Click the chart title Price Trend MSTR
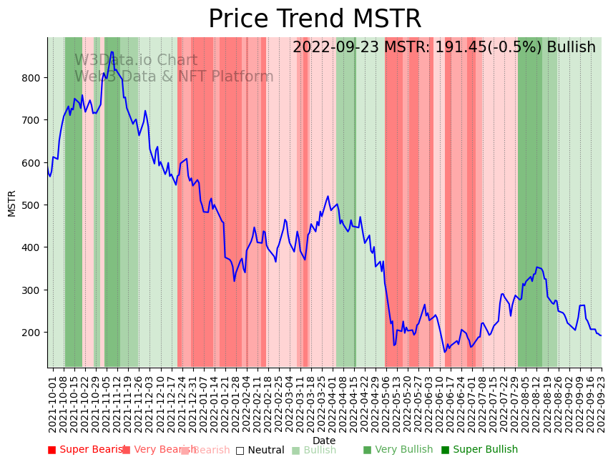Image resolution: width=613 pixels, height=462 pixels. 315,19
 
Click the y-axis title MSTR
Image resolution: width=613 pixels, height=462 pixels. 12,203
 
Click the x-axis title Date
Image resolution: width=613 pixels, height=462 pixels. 324,441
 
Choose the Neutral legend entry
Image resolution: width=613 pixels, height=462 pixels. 260,450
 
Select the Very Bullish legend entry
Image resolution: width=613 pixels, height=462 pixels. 398,450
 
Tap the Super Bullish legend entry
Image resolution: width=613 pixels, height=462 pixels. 479,450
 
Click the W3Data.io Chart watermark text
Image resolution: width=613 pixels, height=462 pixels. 136,61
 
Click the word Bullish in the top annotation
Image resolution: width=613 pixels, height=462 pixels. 571,48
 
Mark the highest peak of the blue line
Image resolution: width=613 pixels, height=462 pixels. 112,51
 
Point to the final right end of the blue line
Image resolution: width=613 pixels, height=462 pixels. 601,335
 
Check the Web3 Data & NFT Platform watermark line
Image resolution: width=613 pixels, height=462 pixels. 174,77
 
